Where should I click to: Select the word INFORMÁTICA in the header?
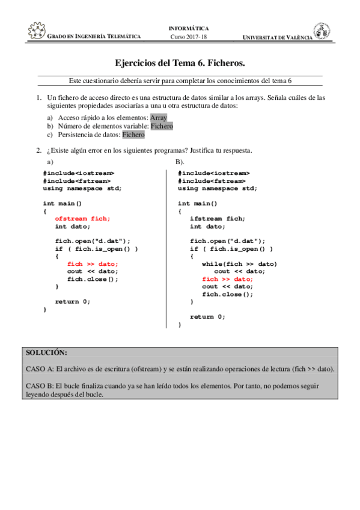(x=189, y=28)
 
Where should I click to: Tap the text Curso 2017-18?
(x=189, y=37)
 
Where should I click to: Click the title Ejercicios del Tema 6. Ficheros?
(x=180, y=63)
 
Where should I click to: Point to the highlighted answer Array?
(x=159, y=118)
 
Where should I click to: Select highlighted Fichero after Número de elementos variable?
(x=162, y=126)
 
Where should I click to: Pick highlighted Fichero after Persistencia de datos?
(x=133, y=135)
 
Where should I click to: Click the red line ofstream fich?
(x=83, y=219)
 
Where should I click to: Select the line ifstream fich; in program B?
(x=218, y=219)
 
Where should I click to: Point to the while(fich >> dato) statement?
(x=239, y=264)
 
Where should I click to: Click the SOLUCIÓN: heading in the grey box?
(x=47, y=352)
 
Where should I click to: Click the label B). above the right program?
(x=180, y=162)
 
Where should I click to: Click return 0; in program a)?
(x=73, y=301)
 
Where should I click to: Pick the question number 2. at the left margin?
(x=38, y=150)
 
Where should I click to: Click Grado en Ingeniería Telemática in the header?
(x=94, y=37)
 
